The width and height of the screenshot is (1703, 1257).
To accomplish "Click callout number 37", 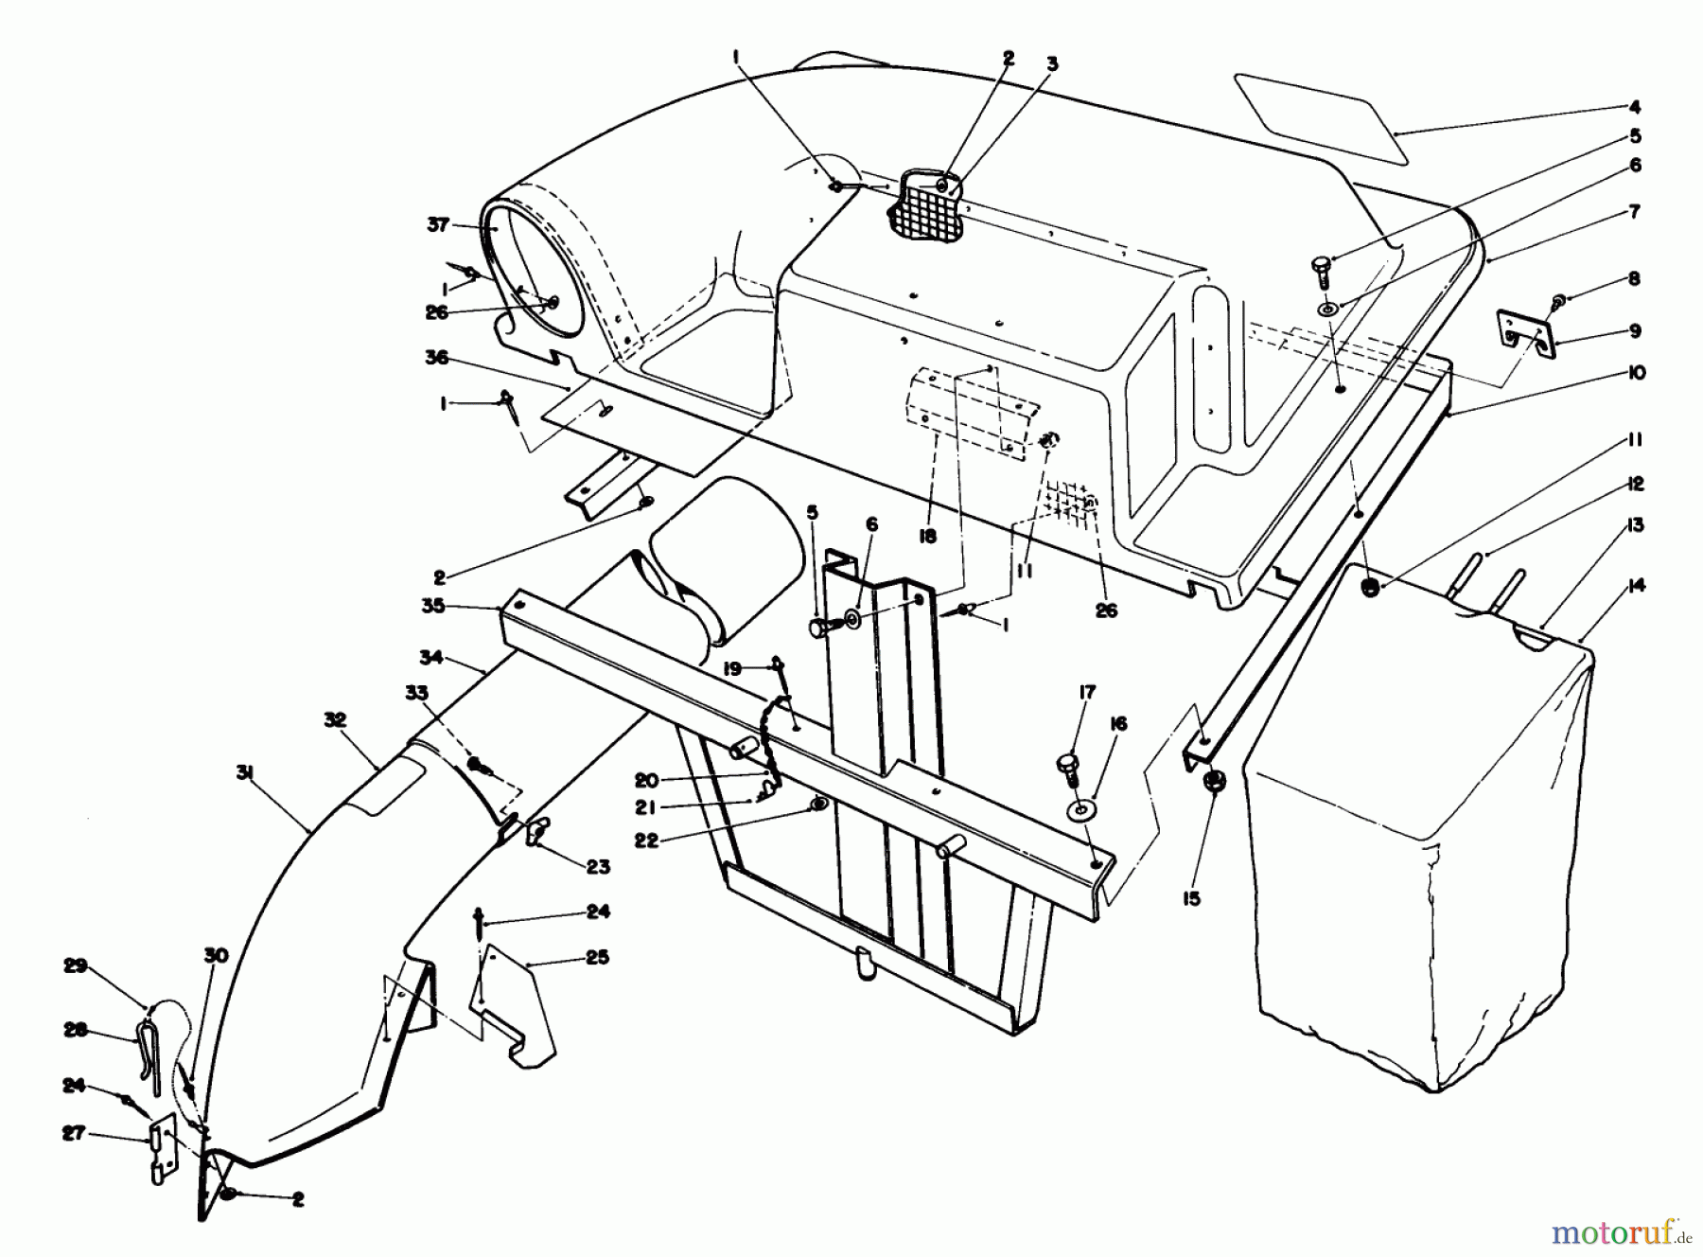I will coord(438,225).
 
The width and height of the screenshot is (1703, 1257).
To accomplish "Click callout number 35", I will coord(433,607).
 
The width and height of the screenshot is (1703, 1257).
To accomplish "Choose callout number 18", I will coord(927,537).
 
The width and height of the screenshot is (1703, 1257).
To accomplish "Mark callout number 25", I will coord(598,957).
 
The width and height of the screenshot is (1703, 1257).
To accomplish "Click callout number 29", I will coord(76,966).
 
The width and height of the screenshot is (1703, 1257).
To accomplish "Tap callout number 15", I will coord(1191,898).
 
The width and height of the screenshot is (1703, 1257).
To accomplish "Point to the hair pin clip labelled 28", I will coord(149,1047).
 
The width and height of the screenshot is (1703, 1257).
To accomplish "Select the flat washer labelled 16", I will coord(1080,811).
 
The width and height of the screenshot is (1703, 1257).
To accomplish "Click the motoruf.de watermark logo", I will coord(1626,1230).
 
